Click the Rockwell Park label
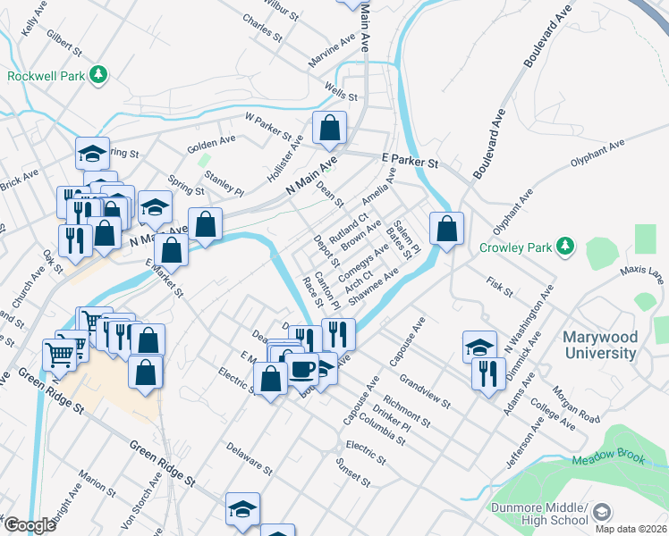tap(47, 76)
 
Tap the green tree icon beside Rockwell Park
tap(100, 75)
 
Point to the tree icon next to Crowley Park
tap(564, 245)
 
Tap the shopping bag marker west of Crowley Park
tap(445, 228)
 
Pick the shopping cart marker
tap(60, 353)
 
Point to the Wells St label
tap(341, 93)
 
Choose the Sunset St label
tap(352, 473)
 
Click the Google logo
tap(30, 525)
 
